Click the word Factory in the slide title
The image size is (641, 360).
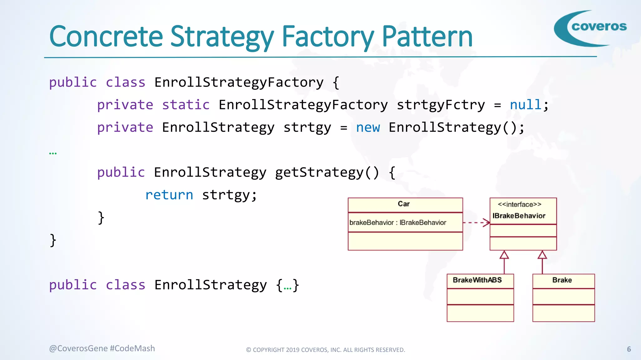tap(328, 37)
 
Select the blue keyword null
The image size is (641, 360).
tap(526, 105)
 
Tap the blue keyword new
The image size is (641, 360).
tap(368, 127)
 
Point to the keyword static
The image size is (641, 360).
tap(186, 105)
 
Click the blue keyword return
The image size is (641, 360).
tap(169, 195)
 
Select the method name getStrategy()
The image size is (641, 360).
tap(327, 172)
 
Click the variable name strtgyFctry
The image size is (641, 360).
tap(441, 105)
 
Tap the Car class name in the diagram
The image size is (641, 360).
tap(403, 204)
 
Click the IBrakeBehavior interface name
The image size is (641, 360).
tap(519, 216)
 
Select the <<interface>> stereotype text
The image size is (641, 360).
tap(519, 205)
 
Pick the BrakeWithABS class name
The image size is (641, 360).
tap(477, 280)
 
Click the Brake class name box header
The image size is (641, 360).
tap(562, 280)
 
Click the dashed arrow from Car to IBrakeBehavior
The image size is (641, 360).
tap(476, 222)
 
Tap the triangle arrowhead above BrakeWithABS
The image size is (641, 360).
tap(504, 255)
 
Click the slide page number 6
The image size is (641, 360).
tap(629, 349)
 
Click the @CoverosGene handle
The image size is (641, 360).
tap(78, 348)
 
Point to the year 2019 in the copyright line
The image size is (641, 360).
tap(293, 350)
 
